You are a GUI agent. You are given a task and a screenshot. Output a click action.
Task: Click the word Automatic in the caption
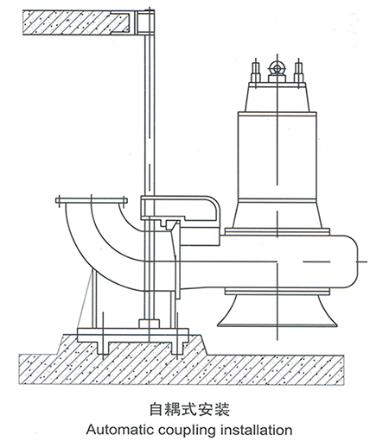point(120,430)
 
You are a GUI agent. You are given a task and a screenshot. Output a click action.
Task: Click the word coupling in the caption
point(187,431)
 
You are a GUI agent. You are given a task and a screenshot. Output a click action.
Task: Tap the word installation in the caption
point(256,430)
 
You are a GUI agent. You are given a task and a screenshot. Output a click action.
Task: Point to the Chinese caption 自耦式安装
point(189,409)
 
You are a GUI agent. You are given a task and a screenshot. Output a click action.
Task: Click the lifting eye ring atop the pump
point(277,69)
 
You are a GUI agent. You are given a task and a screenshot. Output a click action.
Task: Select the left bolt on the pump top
point(256,72)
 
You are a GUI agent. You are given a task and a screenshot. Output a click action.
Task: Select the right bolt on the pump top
point(298,72)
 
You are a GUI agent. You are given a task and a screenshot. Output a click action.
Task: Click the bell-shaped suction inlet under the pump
point(277,311)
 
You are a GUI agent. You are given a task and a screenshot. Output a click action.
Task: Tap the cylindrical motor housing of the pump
point(277,155)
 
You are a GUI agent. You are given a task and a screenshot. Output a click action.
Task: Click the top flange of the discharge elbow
point(92,200)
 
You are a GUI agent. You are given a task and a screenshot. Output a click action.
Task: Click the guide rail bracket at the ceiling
point(146,22)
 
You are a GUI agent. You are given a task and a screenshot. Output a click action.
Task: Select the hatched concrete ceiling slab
point(78,22)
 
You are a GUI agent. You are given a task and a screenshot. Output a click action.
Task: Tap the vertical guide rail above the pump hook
point(150,115)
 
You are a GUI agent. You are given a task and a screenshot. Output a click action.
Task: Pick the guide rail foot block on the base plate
point(149,324)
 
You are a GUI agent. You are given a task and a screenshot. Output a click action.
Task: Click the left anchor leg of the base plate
point(103,348)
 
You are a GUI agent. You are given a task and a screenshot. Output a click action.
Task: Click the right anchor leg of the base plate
point(176,348)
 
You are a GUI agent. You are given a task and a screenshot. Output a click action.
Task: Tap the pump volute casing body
point(288,261)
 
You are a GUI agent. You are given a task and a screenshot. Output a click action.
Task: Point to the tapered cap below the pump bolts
point(277,97)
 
